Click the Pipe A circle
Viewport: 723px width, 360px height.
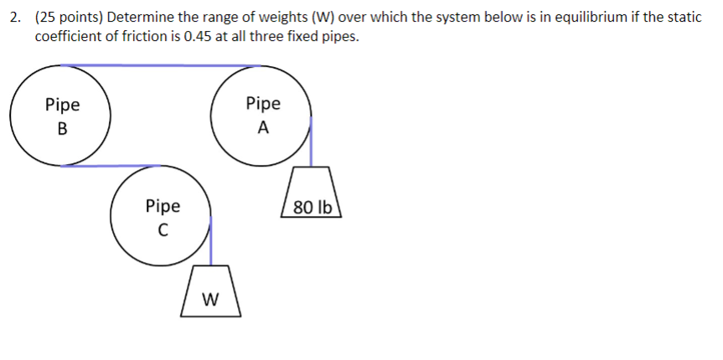click(262, 116)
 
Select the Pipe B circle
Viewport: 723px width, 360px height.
click(61, 116)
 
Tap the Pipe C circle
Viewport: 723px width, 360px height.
click(162, 216)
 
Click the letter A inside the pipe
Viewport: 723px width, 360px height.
click(263, 129)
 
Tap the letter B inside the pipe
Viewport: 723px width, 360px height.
click(62, 129)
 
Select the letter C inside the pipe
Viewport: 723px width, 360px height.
click(163, 229)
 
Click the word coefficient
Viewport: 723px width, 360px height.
click(71, 37)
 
